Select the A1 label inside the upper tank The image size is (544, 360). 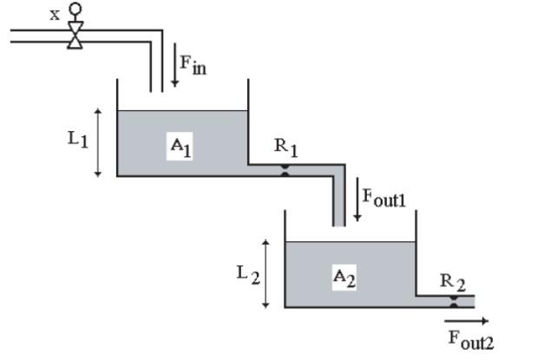point(180,147)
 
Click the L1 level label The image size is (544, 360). point(78,140)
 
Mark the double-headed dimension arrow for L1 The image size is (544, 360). point(98,143)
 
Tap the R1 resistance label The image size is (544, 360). point(285,147)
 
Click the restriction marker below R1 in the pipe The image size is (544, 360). point(284,171)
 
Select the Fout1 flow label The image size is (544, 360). point(383,197)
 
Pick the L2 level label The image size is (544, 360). point(247,273)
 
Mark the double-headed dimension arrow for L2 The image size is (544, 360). point(266,274)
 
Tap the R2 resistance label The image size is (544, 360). point(452,281)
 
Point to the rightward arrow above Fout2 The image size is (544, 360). point(469,322)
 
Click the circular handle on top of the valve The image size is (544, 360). point(75,10)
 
